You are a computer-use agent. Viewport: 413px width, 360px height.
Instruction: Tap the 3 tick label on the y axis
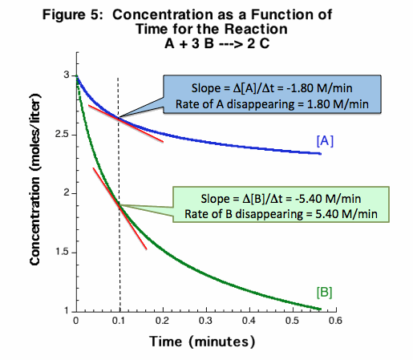67,75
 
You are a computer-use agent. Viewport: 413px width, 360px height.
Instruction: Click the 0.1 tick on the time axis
119,319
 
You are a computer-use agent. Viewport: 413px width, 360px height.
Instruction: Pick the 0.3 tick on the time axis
205,319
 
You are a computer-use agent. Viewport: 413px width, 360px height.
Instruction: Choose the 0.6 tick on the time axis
335,319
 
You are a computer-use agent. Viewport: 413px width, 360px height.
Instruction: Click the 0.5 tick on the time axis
292,319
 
